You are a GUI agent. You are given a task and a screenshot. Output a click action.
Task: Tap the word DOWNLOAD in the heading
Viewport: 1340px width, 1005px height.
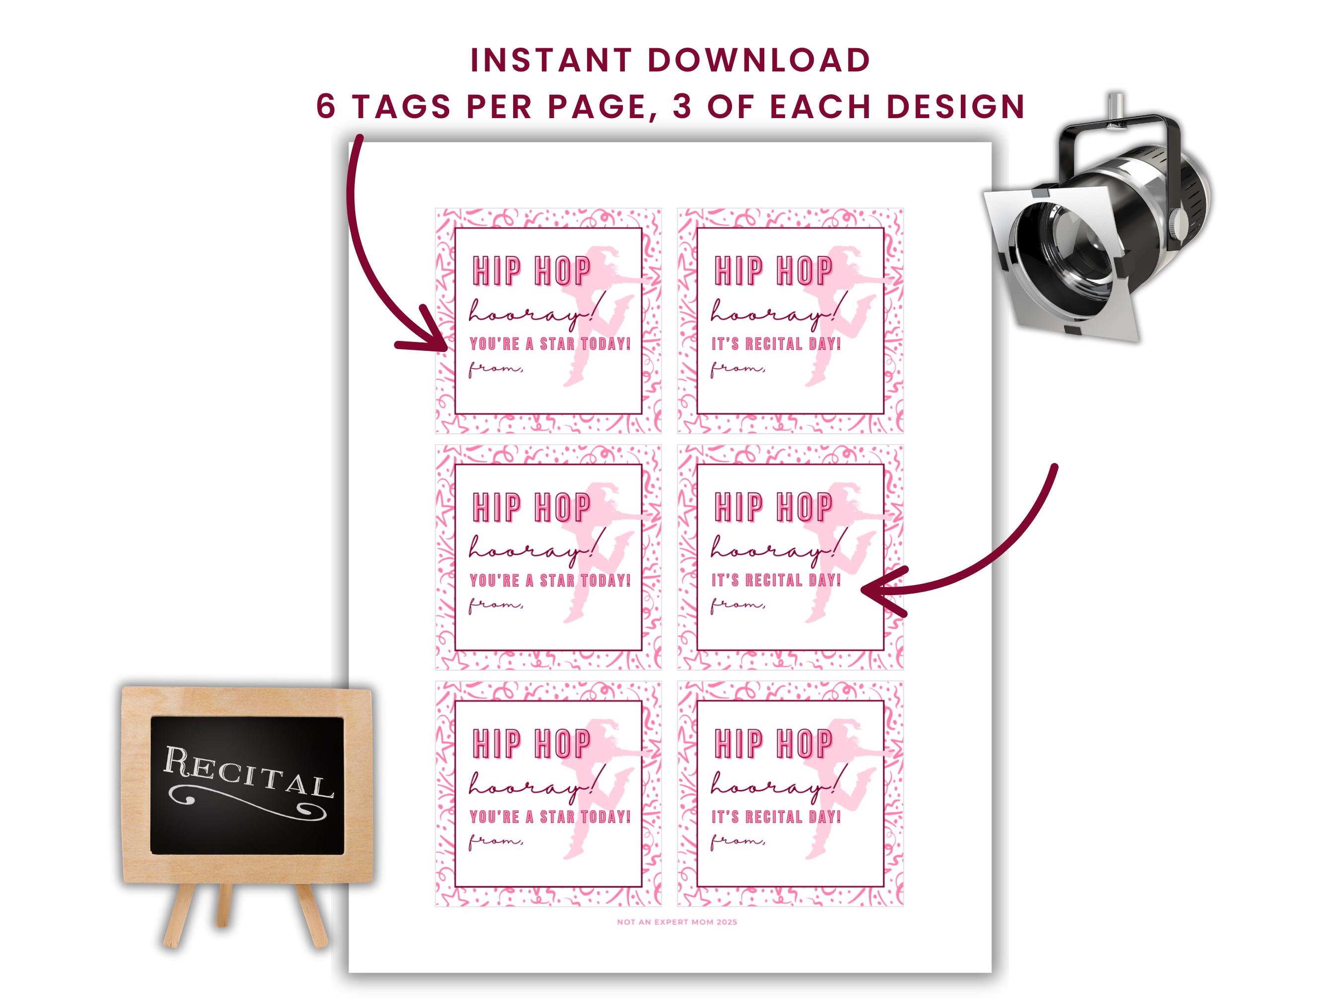(x=758, y=61)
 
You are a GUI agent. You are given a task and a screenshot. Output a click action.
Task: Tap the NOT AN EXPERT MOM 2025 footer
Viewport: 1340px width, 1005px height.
(x=676, y=922)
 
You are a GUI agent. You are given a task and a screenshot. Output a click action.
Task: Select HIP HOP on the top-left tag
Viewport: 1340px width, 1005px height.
(x=531, y=271)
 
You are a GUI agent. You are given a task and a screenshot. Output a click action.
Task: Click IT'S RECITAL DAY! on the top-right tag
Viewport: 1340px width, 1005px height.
(x=776, y=344)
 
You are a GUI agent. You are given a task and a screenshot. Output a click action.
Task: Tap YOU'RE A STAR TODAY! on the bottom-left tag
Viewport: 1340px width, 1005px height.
(x=550, y=816)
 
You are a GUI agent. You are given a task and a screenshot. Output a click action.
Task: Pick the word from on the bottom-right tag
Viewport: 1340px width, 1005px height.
(x=737, y=840)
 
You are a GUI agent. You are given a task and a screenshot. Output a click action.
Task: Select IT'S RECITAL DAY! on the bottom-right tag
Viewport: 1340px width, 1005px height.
(x=776, y=816)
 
